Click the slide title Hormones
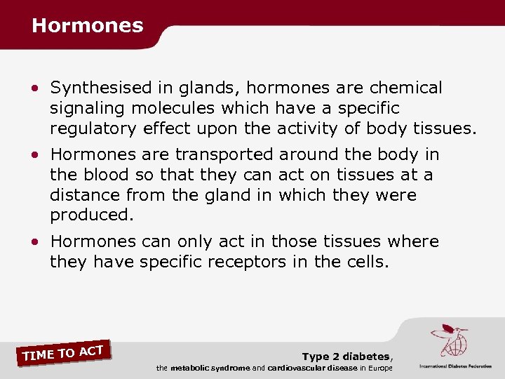87,26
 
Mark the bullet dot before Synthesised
35,89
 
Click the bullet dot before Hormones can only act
35,242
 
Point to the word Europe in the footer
379,368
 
